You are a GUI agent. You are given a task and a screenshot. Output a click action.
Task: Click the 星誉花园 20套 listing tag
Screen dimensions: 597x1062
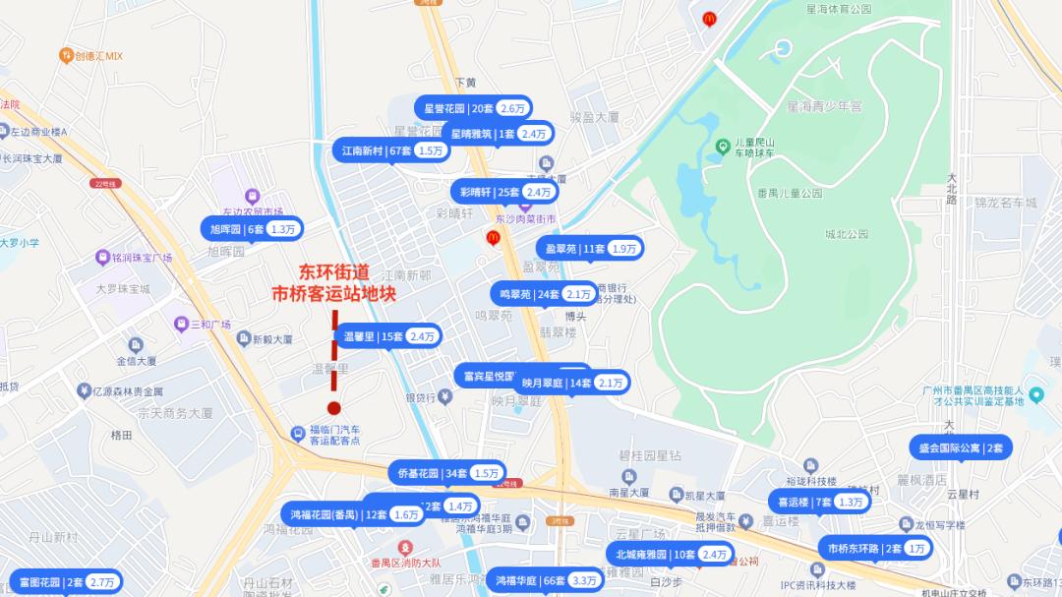(473, 108)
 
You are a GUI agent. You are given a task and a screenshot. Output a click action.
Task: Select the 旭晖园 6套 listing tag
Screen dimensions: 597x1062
(252, 229)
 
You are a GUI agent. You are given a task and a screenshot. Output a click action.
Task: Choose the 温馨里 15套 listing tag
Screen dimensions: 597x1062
(387, 336)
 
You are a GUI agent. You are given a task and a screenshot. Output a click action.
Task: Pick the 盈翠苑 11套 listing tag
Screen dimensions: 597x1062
(588, 249)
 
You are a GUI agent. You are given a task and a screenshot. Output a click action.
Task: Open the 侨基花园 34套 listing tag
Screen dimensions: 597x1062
(446, 473)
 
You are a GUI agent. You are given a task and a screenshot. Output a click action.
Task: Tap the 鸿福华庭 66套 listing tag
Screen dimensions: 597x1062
(546, 580)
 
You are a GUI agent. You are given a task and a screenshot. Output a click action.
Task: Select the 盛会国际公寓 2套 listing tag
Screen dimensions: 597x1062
(960, 448)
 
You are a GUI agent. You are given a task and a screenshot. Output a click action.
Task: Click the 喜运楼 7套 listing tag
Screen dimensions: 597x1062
(819, 502)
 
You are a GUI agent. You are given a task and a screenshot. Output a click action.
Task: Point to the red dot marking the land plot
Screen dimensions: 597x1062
(334, 407)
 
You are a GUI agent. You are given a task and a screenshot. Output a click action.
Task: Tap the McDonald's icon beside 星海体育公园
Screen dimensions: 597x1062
(709, 19)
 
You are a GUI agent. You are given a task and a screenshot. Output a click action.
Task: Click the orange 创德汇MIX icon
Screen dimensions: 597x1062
(66, 55)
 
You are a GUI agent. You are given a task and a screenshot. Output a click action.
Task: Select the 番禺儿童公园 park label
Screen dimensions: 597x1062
(790, 194)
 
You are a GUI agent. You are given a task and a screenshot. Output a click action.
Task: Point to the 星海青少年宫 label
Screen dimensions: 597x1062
(824, 105)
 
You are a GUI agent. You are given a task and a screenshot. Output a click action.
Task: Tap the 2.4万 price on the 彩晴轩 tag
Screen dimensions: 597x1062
(538, 192)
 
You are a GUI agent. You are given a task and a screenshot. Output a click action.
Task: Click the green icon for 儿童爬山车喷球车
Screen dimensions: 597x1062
(723, 147)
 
